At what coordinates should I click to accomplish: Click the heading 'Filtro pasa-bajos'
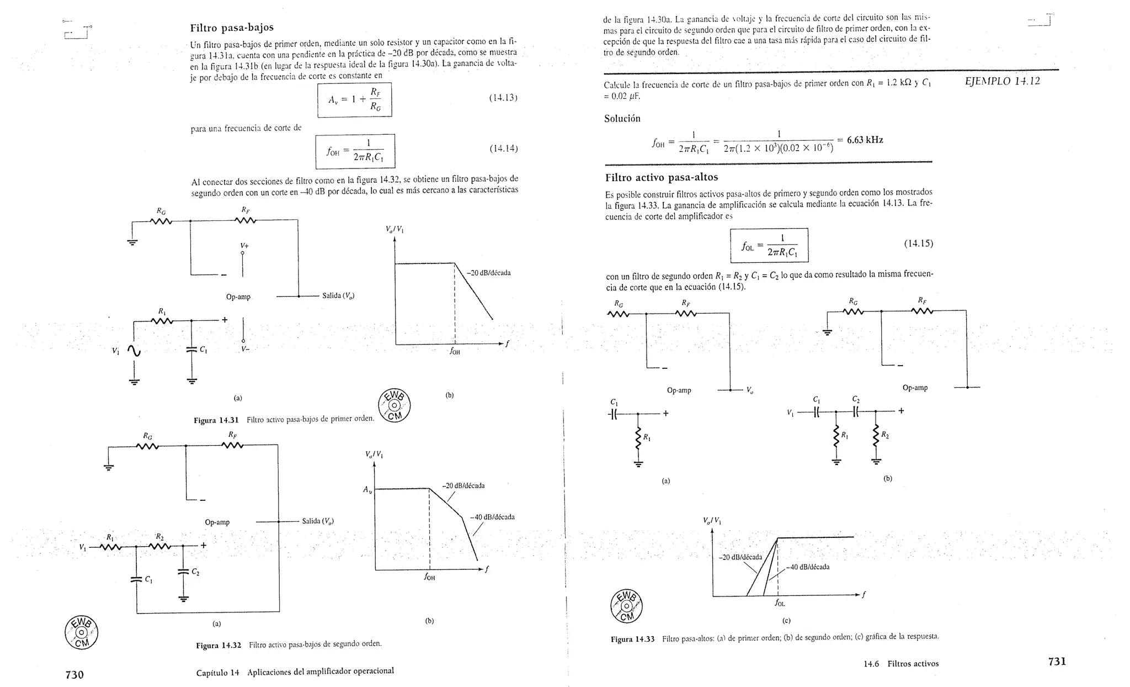point(232,28)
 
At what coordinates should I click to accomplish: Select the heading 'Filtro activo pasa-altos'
point(662,177)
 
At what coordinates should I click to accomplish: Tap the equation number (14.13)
point(503,98)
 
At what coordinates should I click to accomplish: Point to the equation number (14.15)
point(918,244)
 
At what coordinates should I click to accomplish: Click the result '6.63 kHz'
point(865,140)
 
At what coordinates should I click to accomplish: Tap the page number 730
point(74,674)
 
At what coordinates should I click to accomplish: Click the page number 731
point(1057,662)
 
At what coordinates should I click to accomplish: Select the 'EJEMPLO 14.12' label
point(1002,81)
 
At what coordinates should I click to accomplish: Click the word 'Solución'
point(622,118)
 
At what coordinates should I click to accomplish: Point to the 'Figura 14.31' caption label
point(216,420)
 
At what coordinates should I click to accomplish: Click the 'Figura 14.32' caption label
point(218,646)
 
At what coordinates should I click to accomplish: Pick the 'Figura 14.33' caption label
point(632,639)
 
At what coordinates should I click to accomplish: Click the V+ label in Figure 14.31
point(244,245)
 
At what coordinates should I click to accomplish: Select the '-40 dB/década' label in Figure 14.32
point(492,517)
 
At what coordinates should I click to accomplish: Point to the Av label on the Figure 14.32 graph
point(367,489)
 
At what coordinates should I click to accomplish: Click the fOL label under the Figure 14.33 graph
point(780,603)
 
